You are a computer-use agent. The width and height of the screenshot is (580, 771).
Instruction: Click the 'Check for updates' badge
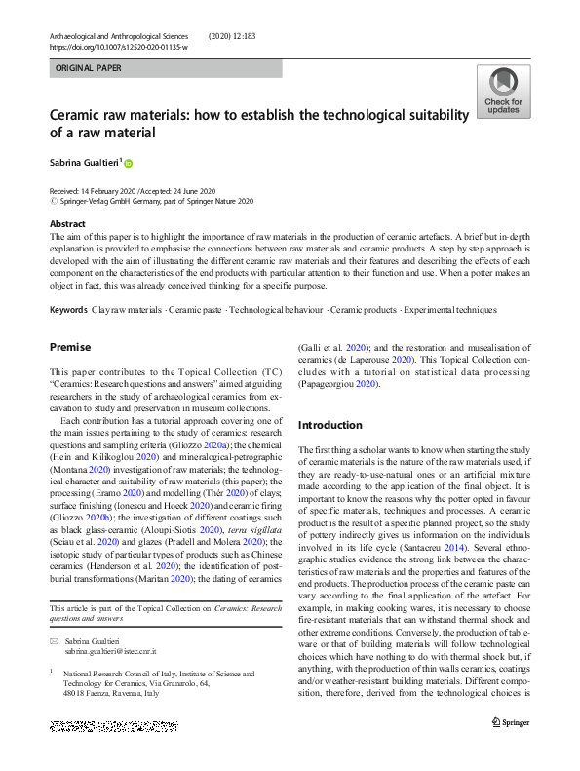pos(503,92)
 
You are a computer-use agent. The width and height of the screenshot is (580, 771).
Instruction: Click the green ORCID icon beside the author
pos(127,163)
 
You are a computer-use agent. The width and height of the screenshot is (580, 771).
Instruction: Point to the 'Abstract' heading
pos(66,224)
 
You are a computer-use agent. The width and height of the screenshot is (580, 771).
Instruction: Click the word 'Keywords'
pos(68,310)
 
